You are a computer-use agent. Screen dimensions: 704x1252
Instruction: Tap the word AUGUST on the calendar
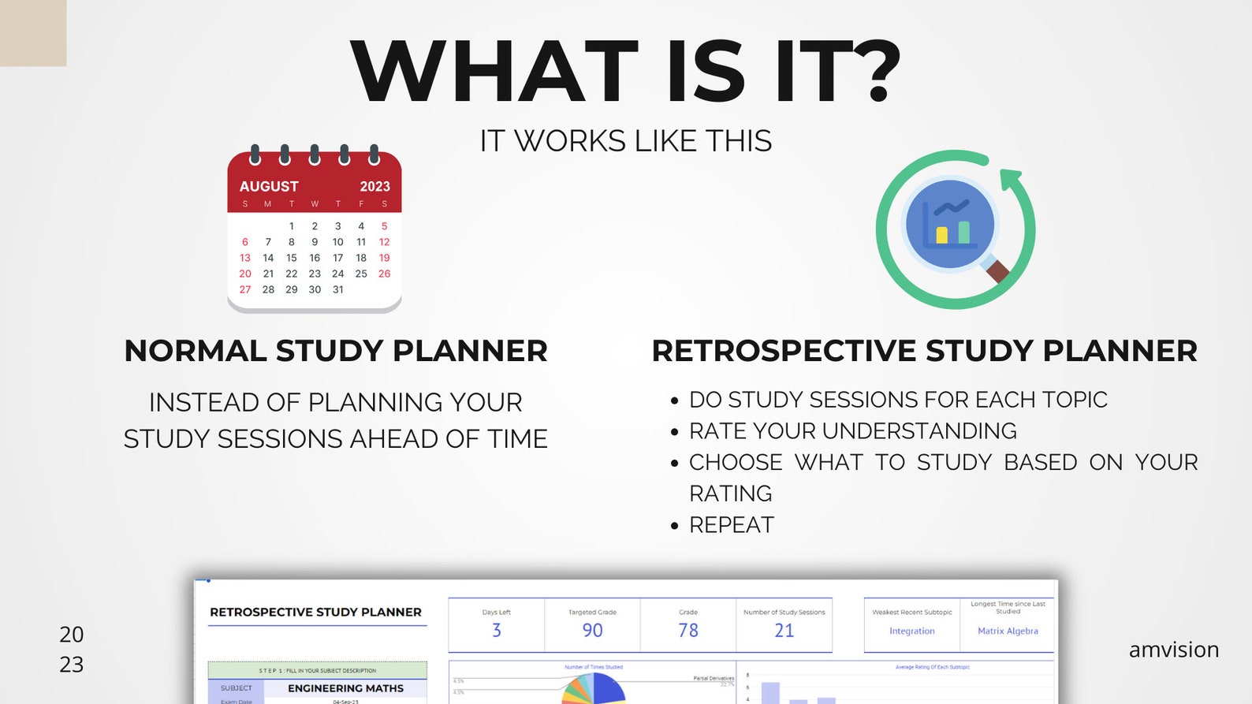click(269, 186)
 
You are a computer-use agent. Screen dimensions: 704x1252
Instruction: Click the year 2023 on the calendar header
click(374, 186)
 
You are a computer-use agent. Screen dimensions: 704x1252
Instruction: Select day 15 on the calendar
click(291, 258)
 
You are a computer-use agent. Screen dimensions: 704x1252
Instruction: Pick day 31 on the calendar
click(337, 289)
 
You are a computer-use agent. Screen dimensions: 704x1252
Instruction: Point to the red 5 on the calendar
click(384, 226)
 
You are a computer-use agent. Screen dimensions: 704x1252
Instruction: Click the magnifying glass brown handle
click(997, 271)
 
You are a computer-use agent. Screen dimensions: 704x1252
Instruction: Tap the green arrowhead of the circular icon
click(1010, 177)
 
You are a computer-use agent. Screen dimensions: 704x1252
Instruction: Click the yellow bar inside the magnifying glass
click(941, 235)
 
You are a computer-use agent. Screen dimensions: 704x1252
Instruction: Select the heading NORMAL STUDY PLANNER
click(336, 351)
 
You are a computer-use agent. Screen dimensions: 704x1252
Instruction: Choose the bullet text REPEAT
click(732, 525)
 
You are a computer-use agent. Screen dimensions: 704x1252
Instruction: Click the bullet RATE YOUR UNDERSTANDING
click(852, 431)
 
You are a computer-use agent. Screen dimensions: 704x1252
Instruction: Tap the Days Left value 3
click(497, 631)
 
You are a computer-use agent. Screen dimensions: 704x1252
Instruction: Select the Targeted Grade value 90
click(592, 631)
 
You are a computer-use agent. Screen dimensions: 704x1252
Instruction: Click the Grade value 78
click(688, 631)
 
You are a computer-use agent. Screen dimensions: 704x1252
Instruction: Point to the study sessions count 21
click(784, 631)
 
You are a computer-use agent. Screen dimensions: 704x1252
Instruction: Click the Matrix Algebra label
click(1008, 631)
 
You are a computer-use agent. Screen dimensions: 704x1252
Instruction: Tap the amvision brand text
click(1173, 650)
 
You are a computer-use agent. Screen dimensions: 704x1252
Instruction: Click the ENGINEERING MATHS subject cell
click(345, 688)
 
